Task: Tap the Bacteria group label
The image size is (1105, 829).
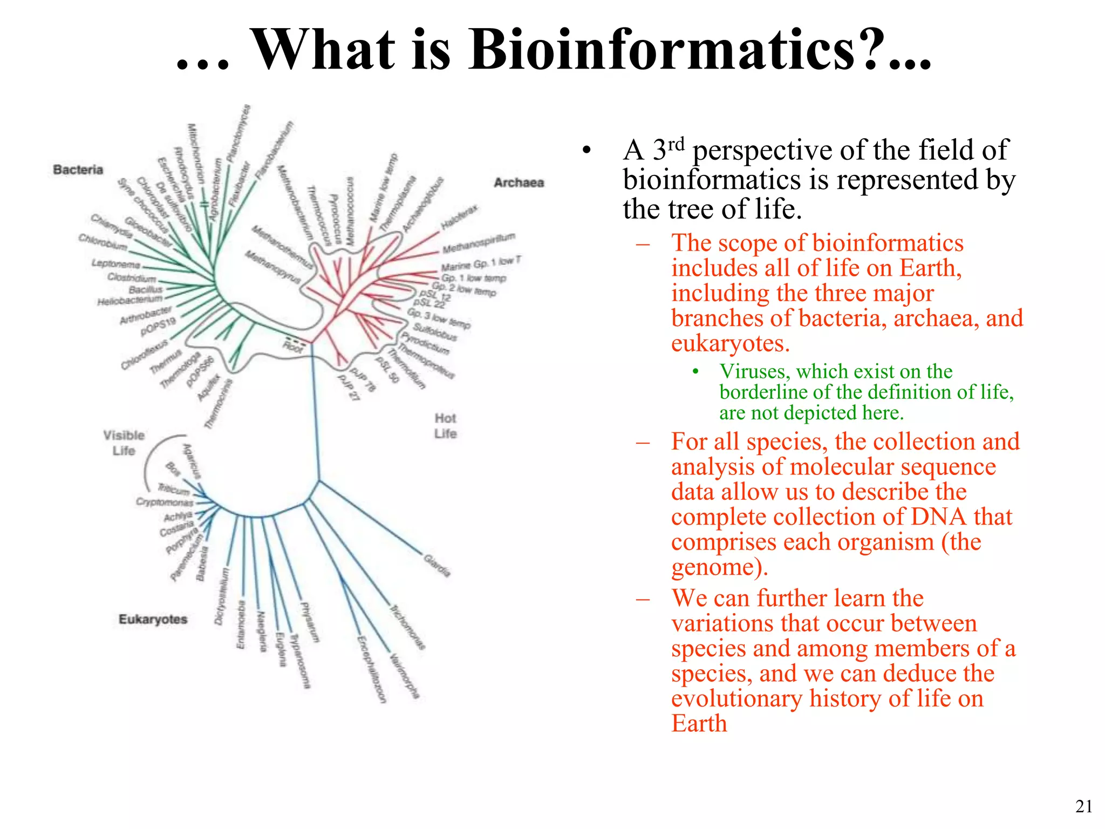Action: pos(78,169)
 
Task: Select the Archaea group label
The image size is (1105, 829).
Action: pos(519,182)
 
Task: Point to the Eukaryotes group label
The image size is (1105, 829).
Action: pos(153,619)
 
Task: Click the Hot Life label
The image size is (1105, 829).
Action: pos(445,426)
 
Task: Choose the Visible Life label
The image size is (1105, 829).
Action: pos(124,443)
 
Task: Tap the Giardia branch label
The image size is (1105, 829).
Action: pos(437,565)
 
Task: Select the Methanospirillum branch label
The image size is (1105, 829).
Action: pos(479,243)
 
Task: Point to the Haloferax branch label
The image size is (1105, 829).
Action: pos(459,217)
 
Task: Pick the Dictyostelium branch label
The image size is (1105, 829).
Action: pos(222,596)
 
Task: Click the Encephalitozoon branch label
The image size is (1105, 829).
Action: pos(372,669)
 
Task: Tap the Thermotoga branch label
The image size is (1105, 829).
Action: pos(180,370)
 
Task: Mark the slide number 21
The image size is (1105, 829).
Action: pos(1083,806)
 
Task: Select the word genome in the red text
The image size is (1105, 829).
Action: pos(712,567)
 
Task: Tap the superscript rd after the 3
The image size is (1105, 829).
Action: pos(676,144)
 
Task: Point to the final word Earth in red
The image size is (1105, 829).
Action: pos(699,723)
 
